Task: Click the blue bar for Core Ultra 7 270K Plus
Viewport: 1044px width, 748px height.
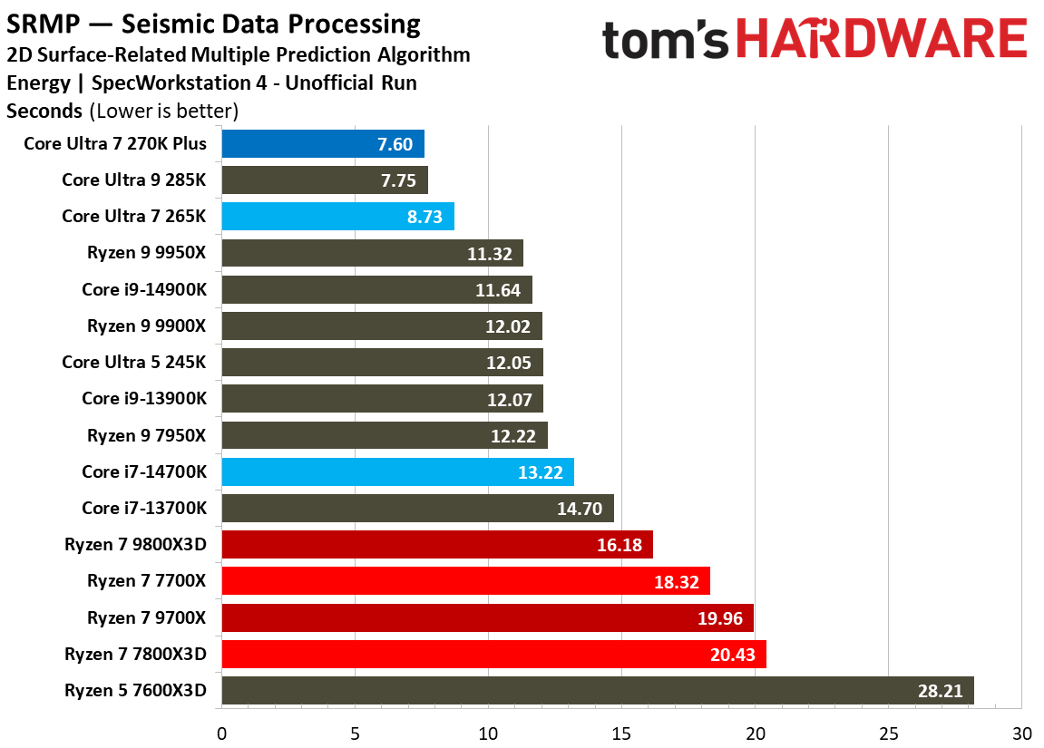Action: click(x=322, y=144)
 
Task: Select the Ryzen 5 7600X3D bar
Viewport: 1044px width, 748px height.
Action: click(x=597, y=690)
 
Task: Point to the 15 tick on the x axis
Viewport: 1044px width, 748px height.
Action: click(x=621, y=732)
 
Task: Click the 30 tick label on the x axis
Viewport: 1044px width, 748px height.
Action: click(x=1022, y=732)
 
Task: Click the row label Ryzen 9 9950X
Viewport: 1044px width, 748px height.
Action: click(x=147, y=253)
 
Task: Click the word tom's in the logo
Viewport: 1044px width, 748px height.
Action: click(x=665, y=42)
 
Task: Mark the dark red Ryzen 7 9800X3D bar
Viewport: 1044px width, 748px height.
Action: click(x=436, y=544)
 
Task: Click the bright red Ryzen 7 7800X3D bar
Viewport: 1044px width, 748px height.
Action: click(x=493, y=654)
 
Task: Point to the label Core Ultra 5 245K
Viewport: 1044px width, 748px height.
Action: click(x=134, y=362)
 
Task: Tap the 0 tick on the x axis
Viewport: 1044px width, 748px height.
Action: click(x=221, y=732)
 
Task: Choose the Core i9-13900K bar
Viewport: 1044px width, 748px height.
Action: click(x=382, y=399)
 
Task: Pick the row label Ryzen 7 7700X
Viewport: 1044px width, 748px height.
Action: click(x=147, y=580)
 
